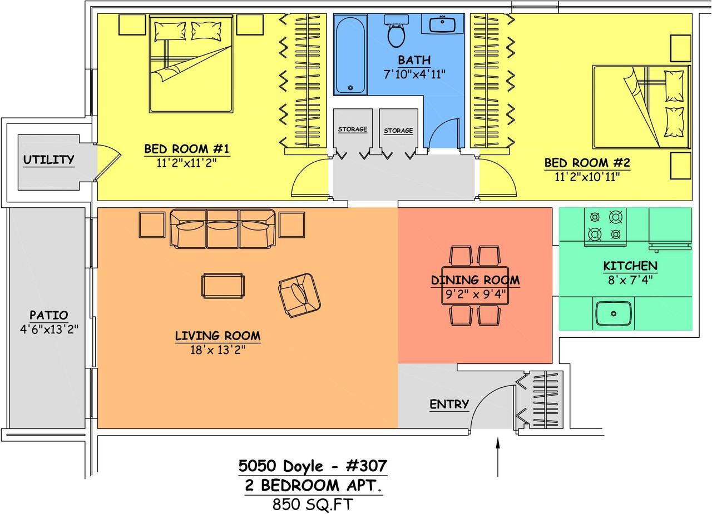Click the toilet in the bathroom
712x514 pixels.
coord(396,31)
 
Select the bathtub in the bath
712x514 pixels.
coord(350,54)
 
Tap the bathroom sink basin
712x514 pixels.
coord(442,24)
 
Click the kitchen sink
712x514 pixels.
coord(614,313)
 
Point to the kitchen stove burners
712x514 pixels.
coord(605,226)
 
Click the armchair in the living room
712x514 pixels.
coord(299,295)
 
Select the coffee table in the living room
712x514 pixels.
coord(223,286)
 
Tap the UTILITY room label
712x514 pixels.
coord(48,159)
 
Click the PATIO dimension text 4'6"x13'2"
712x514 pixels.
coord(49,329)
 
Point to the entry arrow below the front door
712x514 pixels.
coord(498,457)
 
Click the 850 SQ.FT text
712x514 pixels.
coord(313,504)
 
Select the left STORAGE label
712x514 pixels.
coord(353,129)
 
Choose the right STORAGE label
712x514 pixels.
coord(398,131)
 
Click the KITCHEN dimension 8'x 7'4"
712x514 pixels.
coord(631,280)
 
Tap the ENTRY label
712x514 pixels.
coord(449,404)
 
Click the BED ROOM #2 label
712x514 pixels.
coord(587,163)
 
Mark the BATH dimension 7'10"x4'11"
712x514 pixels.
coord(414,74)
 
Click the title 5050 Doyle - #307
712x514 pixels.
coord(313,466)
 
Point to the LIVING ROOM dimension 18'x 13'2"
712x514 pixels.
coord(218,350)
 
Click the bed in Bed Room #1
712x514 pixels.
coord(191,63)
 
